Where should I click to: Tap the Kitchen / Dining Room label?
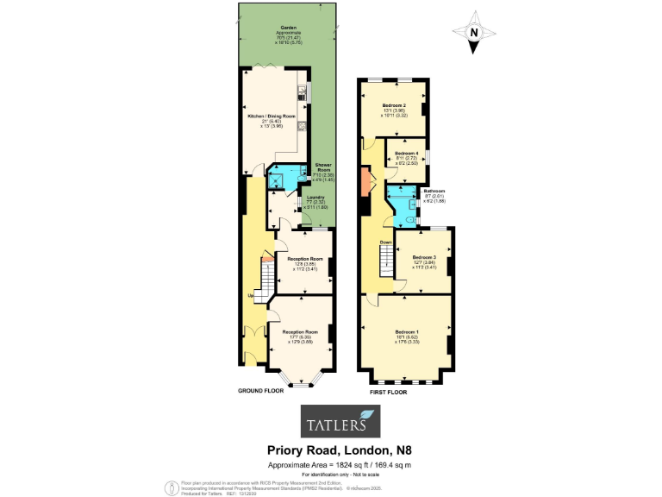tap(272, 116)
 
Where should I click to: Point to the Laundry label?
tap(315, 198)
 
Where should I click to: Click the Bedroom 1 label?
tap(407, 331)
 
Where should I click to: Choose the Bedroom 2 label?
tap(394, 105)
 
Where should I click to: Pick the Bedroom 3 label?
tap(423, 257)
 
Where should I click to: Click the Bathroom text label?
tap(434, 191)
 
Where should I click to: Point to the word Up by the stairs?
tap(251, 296)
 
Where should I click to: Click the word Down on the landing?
tap(385, 242)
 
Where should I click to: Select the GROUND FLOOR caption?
tap(261, 391)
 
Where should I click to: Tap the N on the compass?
tap(473, 33)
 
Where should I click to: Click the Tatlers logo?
tap(330, 423)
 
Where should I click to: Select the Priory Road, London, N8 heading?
tap(331, 451)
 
